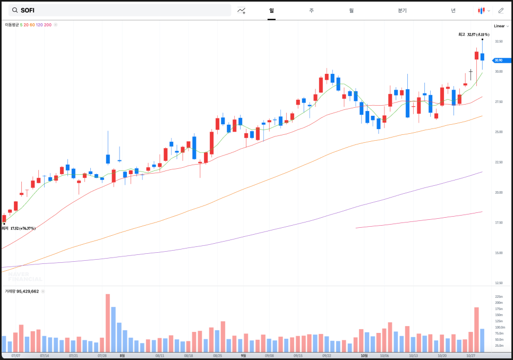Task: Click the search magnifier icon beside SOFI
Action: click(13, 10)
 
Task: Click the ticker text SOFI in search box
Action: click(28, 10)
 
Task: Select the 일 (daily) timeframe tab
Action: click(271, 10)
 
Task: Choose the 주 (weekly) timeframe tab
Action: click(311, 10)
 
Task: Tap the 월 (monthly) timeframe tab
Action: click(351, 10)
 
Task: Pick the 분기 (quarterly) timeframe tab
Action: click(402, 10)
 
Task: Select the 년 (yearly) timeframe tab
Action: click(453, 10)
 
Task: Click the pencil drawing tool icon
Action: click(501, 10)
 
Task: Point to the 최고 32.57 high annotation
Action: click(474, 35)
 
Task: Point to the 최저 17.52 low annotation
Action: click(19, 228)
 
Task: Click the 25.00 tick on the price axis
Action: click(498, 132)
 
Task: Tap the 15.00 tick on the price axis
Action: click(498, 253)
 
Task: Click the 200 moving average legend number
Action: click(48, 25)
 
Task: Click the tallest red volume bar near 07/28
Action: click(108, 323)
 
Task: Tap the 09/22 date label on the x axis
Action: click(327, 356)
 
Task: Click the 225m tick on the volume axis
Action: click(499, 297)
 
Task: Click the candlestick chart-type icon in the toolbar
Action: click(482, 10)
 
